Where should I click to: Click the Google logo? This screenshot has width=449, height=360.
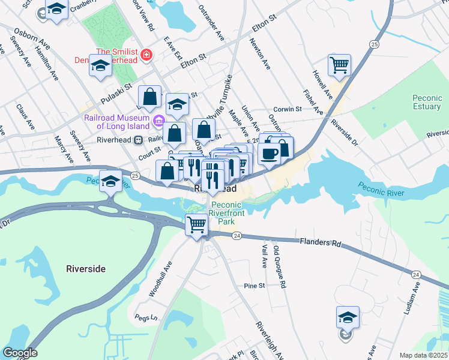click(19, 353)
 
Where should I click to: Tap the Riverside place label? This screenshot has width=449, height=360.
click(86, 269)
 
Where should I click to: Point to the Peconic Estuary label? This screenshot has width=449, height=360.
click(427, 103)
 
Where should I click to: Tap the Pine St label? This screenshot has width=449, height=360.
click(255, 286)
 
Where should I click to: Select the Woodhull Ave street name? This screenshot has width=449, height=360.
click(161, 278)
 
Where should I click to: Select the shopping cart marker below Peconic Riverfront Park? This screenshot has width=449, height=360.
click(196, 225)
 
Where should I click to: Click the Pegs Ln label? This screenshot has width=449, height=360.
click(145, 317)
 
